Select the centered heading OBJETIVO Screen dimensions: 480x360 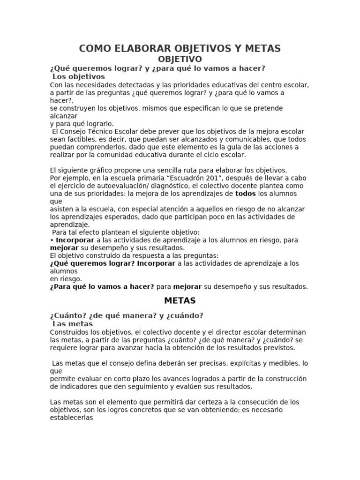[x=180, y=59]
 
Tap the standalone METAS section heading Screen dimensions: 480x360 [x=180, y=300]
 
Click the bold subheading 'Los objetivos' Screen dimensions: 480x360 [x=79, y=76]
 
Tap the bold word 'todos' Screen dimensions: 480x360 [x=246, y=194]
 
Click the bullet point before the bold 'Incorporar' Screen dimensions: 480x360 [x=52, y=240]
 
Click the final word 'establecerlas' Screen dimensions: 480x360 [x=71, y=418]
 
